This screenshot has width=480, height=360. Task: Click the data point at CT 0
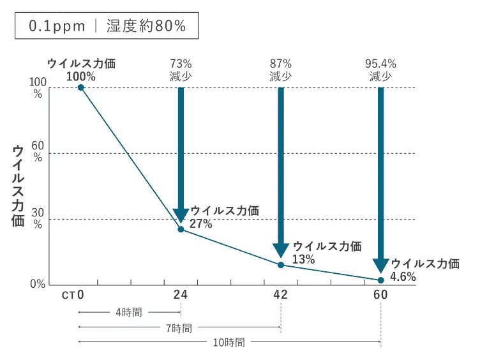(x=81, y=87)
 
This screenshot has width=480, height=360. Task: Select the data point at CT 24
(x=181, y=229)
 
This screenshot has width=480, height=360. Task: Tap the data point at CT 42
(x=281, y=264)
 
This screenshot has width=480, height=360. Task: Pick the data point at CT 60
(x=381, y=280)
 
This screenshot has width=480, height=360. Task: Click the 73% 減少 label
(x=181, y=70)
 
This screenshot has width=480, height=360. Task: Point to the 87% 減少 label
(x=281, y=70)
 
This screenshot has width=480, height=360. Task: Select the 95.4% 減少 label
(x=381, y=70)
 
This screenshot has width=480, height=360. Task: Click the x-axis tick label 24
(x=181, y=295)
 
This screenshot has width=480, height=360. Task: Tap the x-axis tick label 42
(x=281, y=295)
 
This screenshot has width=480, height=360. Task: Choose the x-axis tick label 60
(x=381, y=295)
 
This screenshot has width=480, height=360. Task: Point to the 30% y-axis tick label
(x=37, y=218)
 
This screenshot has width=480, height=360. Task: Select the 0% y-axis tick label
(x=37, y=285)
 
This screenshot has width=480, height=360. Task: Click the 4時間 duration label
(x=129, y=312)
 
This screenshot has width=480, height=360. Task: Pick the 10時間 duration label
(x=229, y=343)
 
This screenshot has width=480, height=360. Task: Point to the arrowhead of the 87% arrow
(x=281, y=250)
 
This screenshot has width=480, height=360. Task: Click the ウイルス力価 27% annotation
(x=220, y=217)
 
